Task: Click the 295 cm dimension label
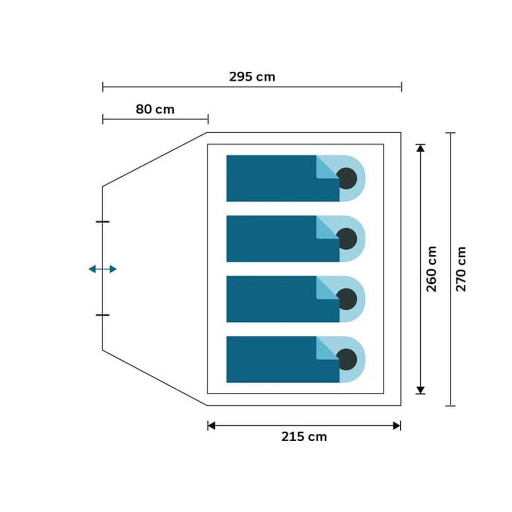[252, 77]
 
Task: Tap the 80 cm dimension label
[155, 109]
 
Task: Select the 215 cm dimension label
[304, 436]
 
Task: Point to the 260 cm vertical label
[431, 269]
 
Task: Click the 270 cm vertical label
[461, 269]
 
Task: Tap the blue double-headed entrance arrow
[102, 269]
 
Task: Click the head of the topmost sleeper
[346, 178]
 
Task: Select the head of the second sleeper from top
[346, 239]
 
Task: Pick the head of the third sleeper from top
[346, 299]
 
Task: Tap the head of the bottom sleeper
[346, 360]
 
